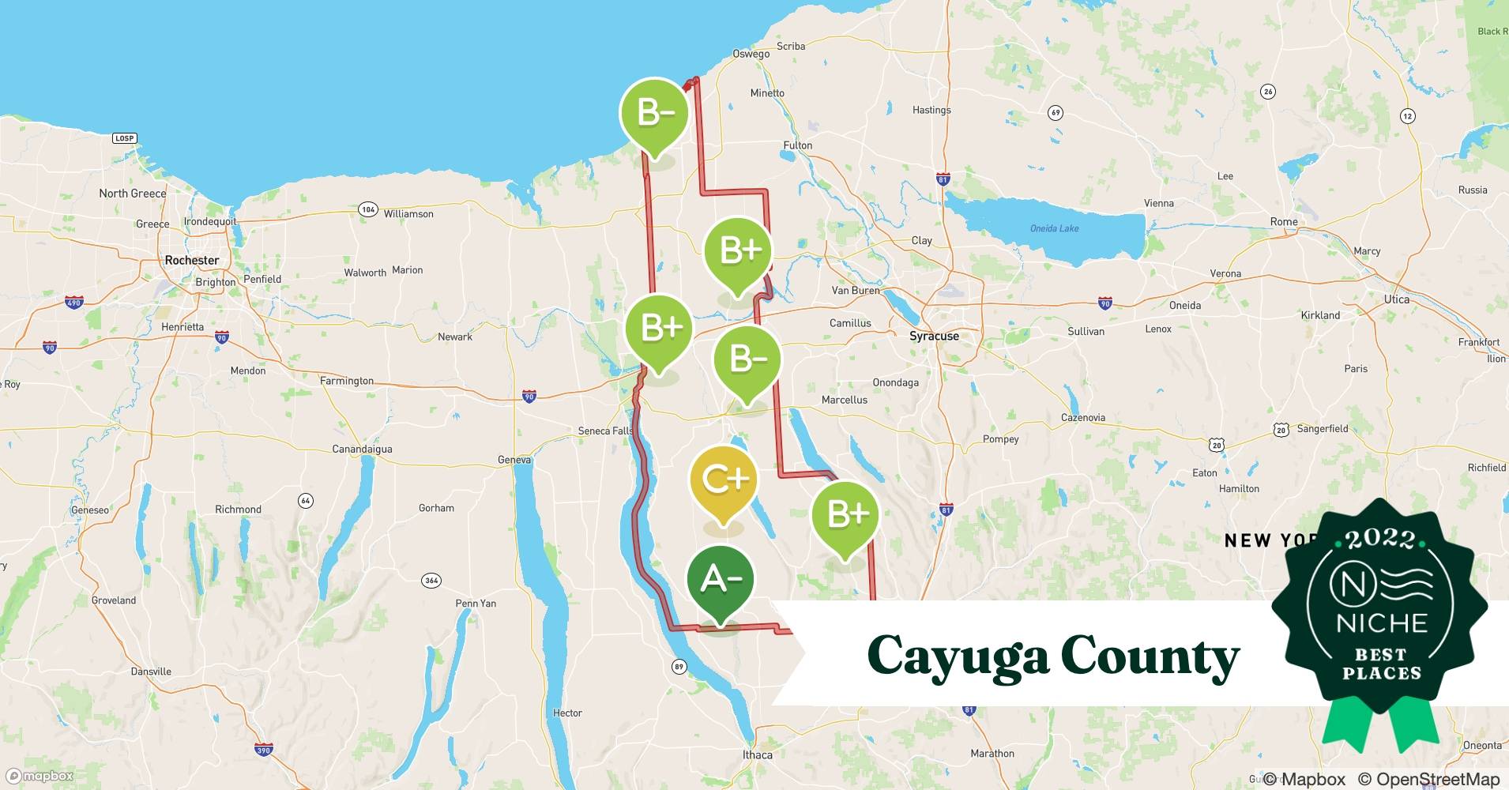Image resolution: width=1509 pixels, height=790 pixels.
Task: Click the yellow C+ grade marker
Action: (723, 480)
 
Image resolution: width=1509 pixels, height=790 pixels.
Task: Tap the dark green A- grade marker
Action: (720, 580)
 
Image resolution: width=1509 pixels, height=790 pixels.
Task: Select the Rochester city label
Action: (192, 260)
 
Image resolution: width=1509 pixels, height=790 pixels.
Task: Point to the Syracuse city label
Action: (934, 336)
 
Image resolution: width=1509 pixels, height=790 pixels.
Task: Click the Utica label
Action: (1396, 299)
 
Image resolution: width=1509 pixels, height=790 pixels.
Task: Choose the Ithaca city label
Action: (757, 754)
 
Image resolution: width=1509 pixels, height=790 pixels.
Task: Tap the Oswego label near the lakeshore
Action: (751, 54)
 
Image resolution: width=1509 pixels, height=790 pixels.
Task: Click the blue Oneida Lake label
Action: (1054, 228)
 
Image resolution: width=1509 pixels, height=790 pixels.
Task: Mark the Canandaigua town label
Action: (362, 449)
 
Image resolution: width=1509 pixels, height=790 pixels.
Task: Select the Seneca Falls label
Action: (605, 431)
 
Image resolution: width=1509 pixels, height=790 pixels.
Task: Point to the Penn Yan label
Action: (476, 603)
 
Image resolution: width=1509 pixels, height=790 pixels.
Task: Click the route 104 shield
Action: (367, 209)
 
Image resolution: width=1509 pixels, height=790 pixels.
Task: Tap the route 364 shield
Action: (431, 581)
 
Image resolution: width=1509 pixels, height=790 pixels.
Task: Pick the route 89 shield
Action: (679, 667)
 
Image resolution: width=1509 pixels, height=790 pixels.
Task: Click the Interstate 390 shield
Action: (263, 750)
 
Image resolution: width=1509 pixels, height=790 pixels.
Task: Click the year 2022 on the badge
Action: (1380, 540)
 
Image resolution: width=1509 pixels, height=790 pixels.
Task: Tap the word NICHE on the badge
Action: (1382, 623)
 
